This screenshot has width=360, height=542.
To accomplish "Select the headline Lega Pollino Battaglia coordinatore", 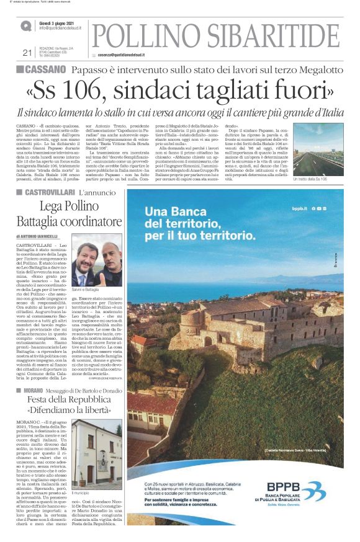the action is click(x=69, y=214).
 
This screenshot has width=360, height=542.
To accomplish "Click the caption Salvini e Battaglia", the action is click(x=89, y=290).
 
